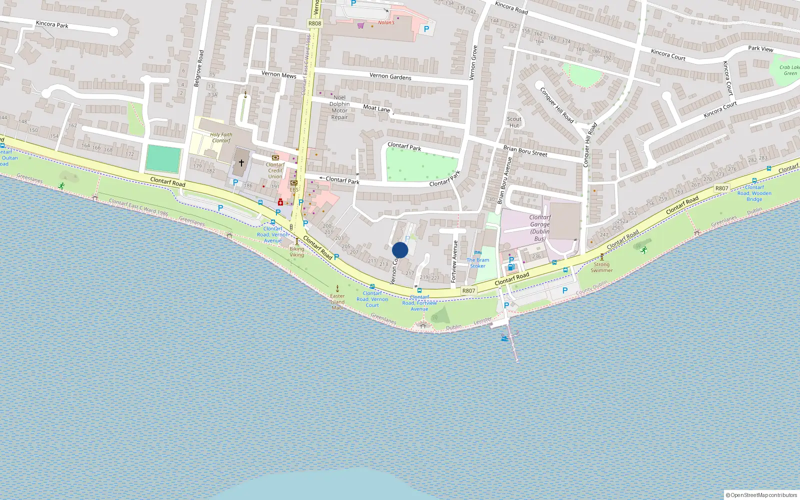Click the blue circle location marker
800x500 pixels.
[400, 250]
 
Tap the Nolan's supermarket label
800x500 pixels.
[386, 22]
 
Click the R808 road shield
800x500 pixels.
[314, 23]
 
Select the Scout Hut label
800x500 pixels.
[514, 122]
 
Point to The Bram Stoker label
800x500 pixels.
[477, 263]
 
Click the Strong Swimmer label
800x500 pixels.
[601, 267]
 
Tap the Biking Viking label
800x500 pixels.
[296, 251]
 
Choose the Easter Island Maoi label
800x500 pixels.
[337, 301]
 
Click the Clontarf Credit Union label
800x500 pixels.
[275, 170]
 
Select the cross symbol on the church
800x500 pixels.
[241, 163]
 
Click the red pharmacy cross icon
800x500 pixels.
[280, 202]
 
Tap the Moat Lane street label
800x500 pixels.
[376, 108]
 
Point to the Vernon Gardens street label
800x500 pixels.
[390, 76]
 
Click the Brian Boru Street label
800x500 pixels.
[525, 151]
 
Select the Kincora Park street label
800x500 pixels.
[52, 24]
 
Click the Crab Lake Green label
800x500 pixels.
[789, 70]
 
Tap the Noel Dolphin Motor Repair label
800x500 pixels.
[339, 107]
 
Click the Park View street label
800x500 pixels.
[760, 48]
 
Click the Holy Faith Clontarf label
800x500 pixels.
[221, 137]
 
